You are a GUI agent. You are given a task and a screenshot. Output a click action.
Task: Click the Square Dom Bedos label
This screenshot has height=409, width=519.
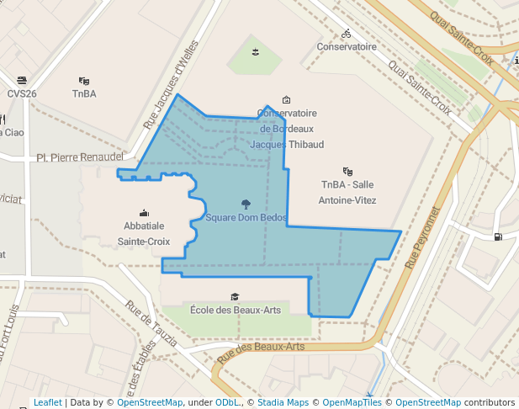tap(246, 218)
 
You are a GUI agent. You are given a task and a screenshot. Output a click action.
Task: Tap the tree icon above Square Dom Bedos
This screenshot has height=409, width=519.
tap(246, 203)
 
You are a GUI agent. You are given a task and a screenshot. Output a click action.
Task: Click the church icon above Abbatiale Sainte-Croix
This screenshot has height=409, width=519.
tap(144, 212)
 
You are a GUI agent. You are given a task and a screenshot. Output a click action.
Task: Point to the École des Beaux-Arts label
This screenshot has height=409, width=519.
tap(236, 310)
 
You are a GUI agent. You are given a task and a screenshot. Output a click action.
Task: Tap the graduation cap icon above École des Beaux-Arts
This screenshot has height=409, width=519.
tap(235, 296)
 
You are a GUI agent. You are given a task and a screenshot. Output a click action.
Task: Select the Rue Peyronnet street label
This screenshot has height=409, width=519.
tap(422, 237)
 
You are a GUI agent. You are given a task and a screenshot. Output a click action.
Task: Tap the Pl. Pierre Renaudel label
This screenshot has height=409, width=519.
tap(81, 157)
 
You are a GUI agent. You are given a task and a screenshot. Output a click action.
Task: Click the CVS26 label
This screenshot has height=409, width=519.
tap(22, 93)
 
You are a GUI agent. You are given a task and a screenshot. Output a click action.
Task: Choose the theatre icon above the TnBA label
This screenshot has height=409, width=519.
tap(83, 81)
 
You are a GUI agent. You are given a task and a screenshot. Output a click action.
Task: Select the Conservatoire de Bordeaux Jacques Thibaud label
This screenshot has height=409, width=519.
tap(287, 129)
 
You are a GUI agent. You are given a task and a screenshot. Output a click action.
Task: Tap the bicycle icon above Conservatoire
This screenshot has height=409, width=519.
tap(347, 34)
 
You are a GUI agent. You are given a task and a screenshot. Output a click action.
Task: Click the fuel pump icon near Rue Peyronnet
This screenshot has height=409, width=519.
tap(499, 236)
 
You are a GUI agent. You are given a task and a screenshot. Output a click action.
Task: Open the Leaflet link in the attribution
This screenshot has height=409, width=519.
tap(47, 402)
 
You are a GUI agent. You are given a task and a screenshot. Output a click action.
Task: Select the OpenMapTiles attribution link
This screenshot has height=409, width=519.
tap(349, 402)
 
